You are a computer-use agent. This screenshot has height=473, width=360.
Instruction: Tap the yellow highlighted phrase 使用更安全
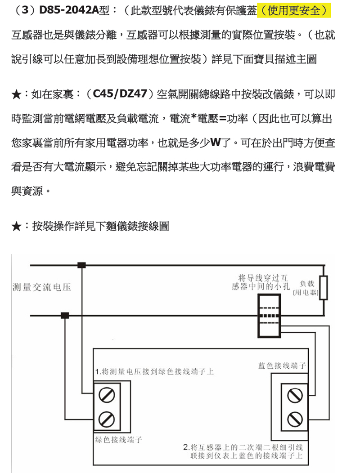[294, 10]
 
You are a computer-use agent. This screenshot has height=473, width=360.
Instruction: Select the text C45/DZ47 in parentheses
[121, 94]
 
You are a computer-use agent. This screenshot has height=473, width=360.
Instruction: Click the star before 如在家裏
[16, 95]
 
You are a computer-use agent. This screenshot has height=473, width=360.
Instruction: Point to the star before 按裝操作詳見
[16, 227]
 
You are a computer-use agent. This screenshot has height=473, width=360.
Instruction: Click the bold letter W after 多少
[215, 143]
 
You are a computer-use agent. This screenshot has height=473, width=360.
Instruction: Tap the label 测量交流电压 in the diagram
[42, 287]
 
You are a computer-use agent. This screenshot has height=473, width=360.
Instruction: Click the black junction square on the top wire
[81, 265]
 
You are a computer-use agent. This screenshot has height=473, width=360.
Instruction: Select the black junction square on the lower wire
[65, 315]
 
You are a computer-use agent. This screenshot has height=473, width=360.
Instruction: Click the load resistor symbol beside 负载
[324, 287]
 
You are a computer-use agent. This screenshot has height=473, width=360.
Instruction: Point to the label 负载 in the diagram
[307, 284]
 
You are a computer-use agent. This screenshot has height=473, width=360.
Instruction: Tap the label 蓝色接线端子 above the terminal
[282, 366]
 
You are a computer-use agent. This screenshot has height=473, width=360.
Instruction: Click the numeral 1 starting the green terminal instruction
[98, 372]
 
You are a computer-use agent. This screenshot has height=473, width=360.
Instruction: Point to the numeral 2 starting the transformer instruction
[186, 447]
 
